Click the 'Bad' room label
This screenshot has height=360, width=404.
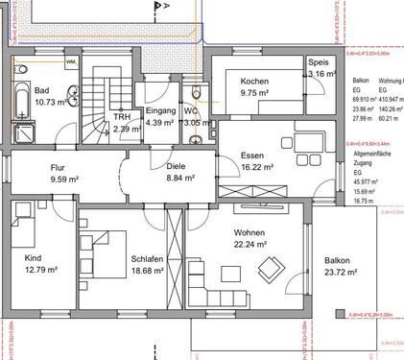(x=21, y=88)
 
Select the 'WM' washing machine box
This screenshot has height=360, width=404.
(x=70, y=62)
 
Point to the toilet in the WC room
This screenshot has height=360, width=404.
(x=197, y=93)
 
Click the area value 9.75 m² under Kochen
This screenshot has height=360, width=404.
(x=256, y=95)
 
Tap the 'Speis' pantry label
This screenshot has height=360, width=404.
(x=320, y=60)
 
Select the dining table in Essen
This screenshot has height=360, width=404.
(x=310, y=144)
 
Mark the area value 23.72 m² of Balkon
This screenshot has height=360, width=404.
(x=341, y=273)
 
